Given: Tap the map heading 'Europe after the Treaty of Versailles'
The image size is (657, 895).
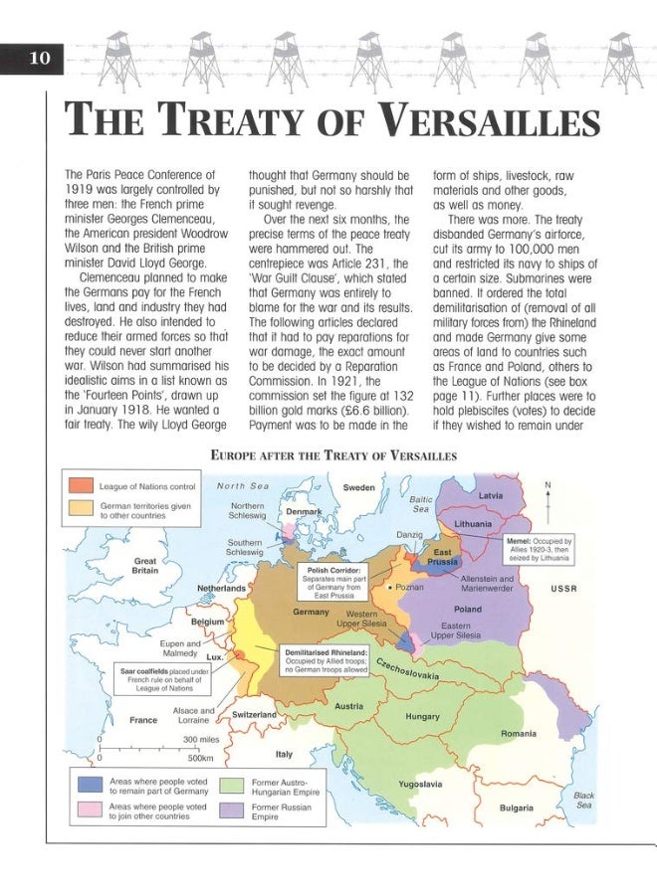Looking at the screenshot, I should (x=333, y=455).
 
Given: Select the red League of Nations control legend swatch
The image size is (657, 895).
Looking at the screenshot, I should (x=81, y=486).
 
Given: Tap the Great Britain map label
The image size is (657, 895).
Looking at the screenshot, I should (x=145, y=566).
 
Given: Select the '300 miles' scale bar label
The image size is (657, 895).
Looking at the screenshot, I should (x=202, y=739).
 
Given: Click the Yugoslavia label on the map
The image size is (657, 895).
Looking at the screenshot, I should (x=419, y=784).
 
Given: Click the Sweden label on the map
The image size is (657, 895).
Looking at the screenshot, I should (x=358, y=488).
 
